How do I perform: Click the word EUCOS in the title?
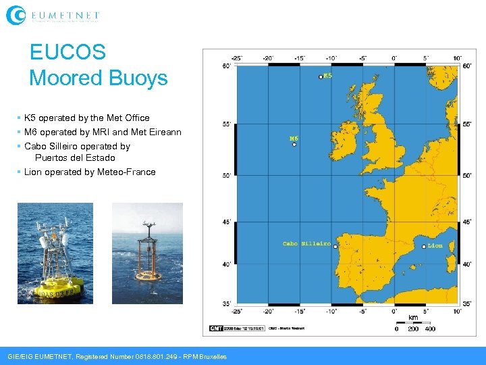[67, 53]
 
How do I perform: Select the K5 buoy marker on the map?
[321, 77]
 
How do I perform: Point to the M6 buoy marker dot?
[294, 144]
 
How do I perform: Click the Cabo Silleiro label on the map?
[306, 243]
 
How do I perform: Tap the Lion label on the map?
[435, 246]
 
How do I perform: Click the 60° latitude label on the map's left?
[226, 66]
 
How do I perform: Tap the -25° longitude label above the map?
[236, 57]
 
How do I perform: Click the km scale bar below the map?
[413, 323]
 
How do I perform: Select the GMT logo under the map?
[216, 328]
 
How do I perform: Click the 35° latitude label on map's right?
[466, 304]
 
